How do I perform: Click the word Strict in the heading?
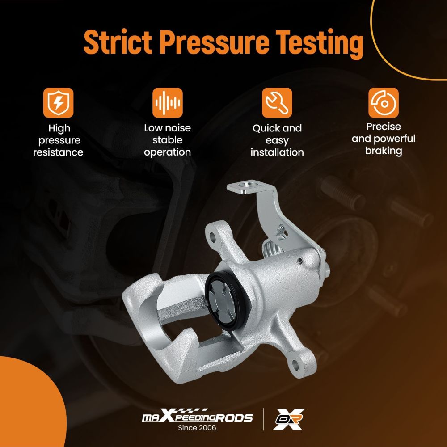click(x=118, y=42)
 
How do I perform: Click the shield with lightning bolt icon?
click(x=58, y=103)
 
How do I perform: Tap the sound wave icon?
click(x=167, y=103)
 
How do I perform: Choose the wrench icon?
click(x=277, y=103)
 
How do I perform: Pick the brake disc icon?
click(x=384, y=103)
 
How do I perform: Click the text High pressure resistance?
click(x=58, y=140)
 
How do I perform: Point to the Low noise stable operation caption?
click(x=167, y=140)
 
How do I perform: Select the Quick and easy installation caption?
click(x=277, y=140)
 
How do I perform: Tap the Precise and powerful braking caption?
click(x=384, y=139)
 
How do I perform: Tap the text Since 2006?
click(x=197, y=428)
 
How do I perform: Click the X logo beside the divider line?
click(x=288, y=419)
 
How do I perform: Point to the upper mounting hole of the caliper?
click(x=212, y=237)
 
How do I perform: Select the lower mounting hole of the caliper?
click(x=295, y=364)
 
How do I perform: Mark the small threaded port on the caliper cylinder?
click(x=299, y=260)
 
